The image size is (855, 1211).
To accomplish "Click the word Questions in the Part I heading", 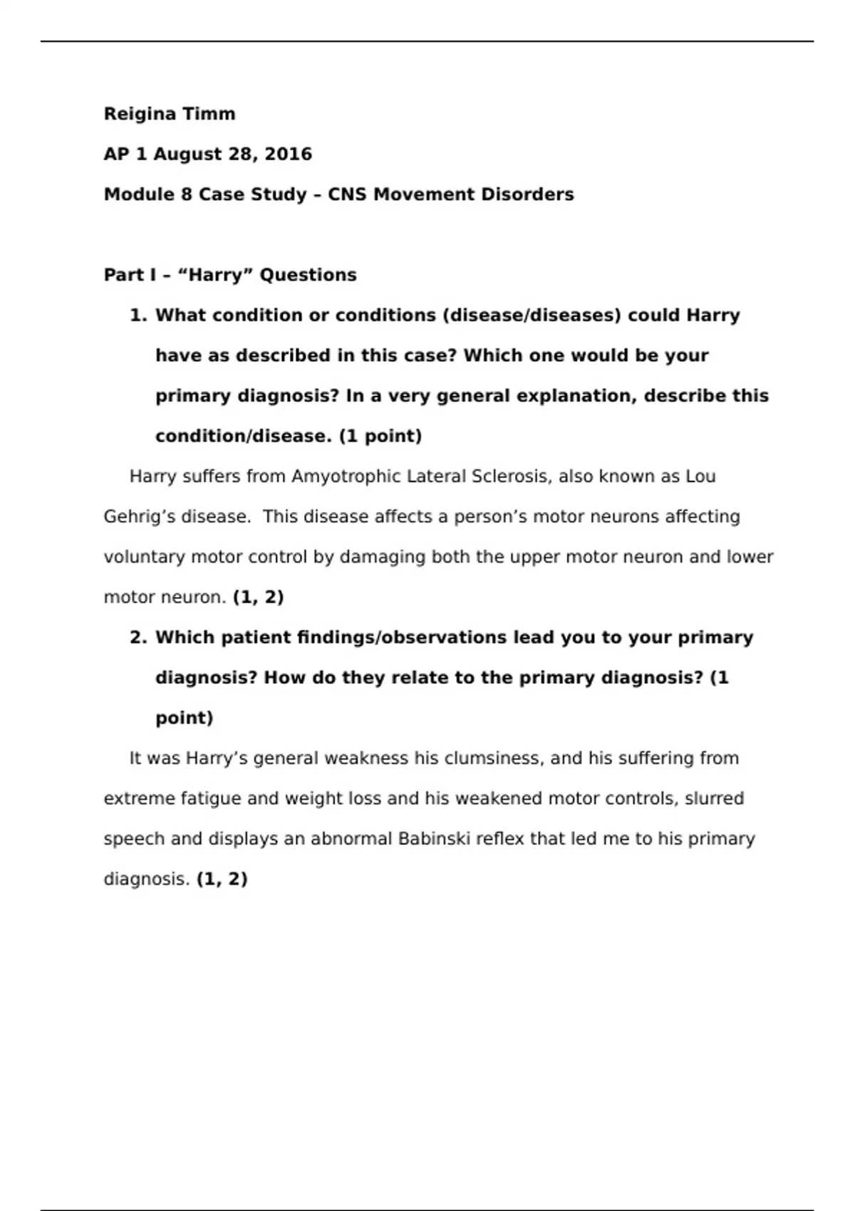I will tap(308, 275).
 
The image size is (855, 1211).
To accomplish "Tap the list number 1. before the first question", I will tap(138, 315).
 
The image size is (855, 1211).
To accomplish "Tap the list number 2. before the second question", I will tap(138, 638).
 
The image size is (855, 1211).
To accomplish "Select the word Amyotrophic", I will tap(346, 477).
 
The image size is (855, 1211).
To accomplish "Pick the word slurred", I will tap(714, 799).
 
